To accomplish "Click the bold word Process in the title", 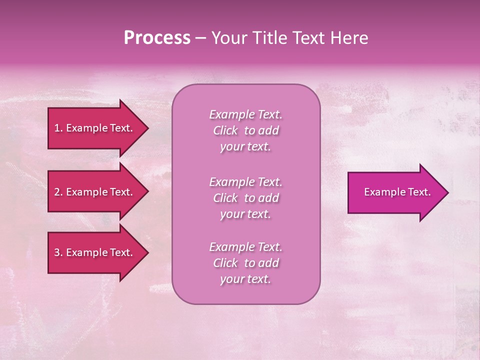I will pos(157,38).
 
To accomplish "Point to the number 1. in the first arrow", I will pos(58,128).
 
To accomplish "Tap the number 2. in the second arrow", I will pos(58,192).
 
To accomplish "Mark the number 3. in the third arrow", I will pos(58,252).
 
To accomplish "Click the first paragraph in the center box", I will pos(245,130).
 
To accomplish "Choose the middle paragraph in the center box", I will pos(245,198).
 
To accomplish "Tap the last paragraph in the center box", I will pos(245,263).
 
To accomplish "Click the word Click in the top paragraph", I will pos(225,130).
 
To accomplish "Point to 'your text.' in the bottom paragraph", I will pos(245,279).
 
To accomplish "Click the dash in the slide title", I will pos(200,38).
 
